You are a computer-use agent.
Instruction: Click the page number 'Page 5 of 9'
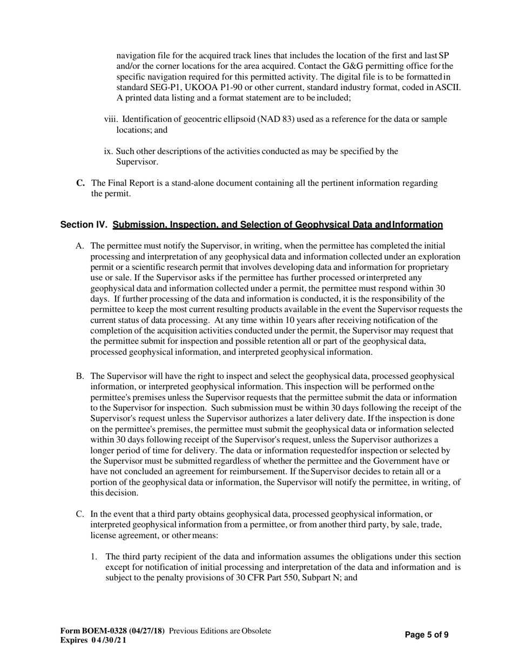click(x=427, y=635)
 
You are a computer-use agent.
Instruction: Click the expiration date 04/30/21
click(x=111, y=640)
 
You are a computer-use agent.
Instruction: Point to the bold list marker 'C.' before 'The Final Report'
click(x=80, y=183)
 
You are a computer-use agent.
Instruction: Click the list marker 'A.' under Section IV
click(x=80, y=246)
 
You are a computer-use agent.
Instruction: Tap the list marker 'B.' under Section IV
click(x=80, y=376)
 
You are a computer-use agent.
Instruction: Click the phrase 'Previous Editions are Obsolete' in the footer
click(x=220, y=631)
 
